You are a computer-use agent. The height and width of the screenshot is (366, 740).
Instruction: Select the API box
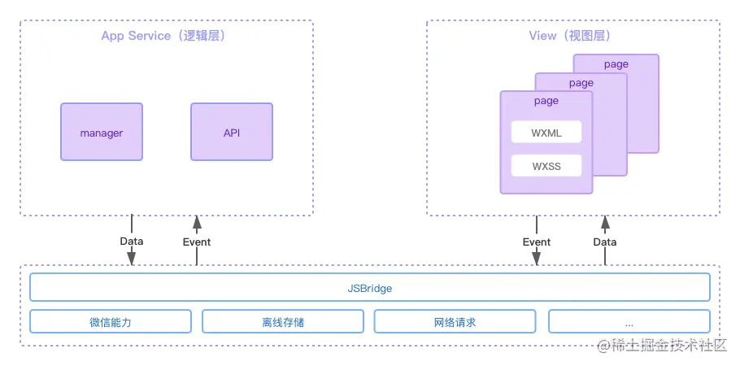click(x=232, y=132)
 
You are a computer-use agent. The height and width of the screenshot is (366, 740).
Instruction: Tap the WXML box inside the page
click(x=546, y=132)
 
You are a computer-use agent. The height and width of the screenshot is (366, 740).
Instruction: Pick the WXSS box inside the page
click(x=546, y=166)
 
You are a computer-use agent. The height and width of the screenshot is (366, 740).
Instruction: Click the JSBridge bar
click(x=370, y=288)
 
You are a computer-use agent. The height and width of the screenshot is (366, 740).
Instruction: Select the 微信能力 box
click(x=111, y=322)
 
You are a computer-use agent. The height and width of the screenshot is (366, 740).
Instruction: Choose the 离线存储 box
click(x=283, y=322)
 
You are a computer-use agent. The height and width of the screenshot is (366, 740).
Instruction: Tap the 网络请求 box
click(x=455, y=322)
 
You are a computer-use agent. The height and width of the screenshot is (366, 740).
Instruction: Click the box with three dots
click(x=629, y=322)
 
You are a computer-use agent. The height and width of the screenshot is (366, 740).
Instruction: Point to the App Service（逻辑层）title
click(x=163, y=36)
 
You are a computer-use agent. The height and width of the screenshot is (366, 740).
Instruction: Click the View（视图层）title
click(x=570, y=36)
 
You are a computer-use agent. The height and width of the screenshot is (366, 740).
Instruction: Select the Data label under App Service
click(x=131, y=242)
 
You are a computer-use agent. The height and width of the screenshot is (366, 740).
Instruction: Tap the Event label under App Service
click(x=196, y=242)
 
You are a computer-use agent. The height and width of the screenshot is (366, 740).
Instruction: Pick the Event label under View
click(x=537, y=242)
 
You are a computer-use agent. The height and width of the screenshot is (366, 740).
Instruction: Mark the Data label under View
click(x=604, y=242)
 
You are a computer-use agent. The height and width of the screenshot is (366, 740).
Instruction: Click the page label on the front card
click(x=546, y=101)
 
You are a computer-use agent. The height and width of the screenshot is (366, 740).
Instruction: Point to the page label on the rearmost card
click(x=616, y=64)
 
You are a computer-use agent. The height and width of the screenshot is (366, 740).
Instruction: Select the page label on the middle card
click(x=581, y=83)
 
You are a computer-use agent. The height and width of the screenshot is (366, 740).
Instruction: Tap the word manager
click(x=102, y=133)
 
